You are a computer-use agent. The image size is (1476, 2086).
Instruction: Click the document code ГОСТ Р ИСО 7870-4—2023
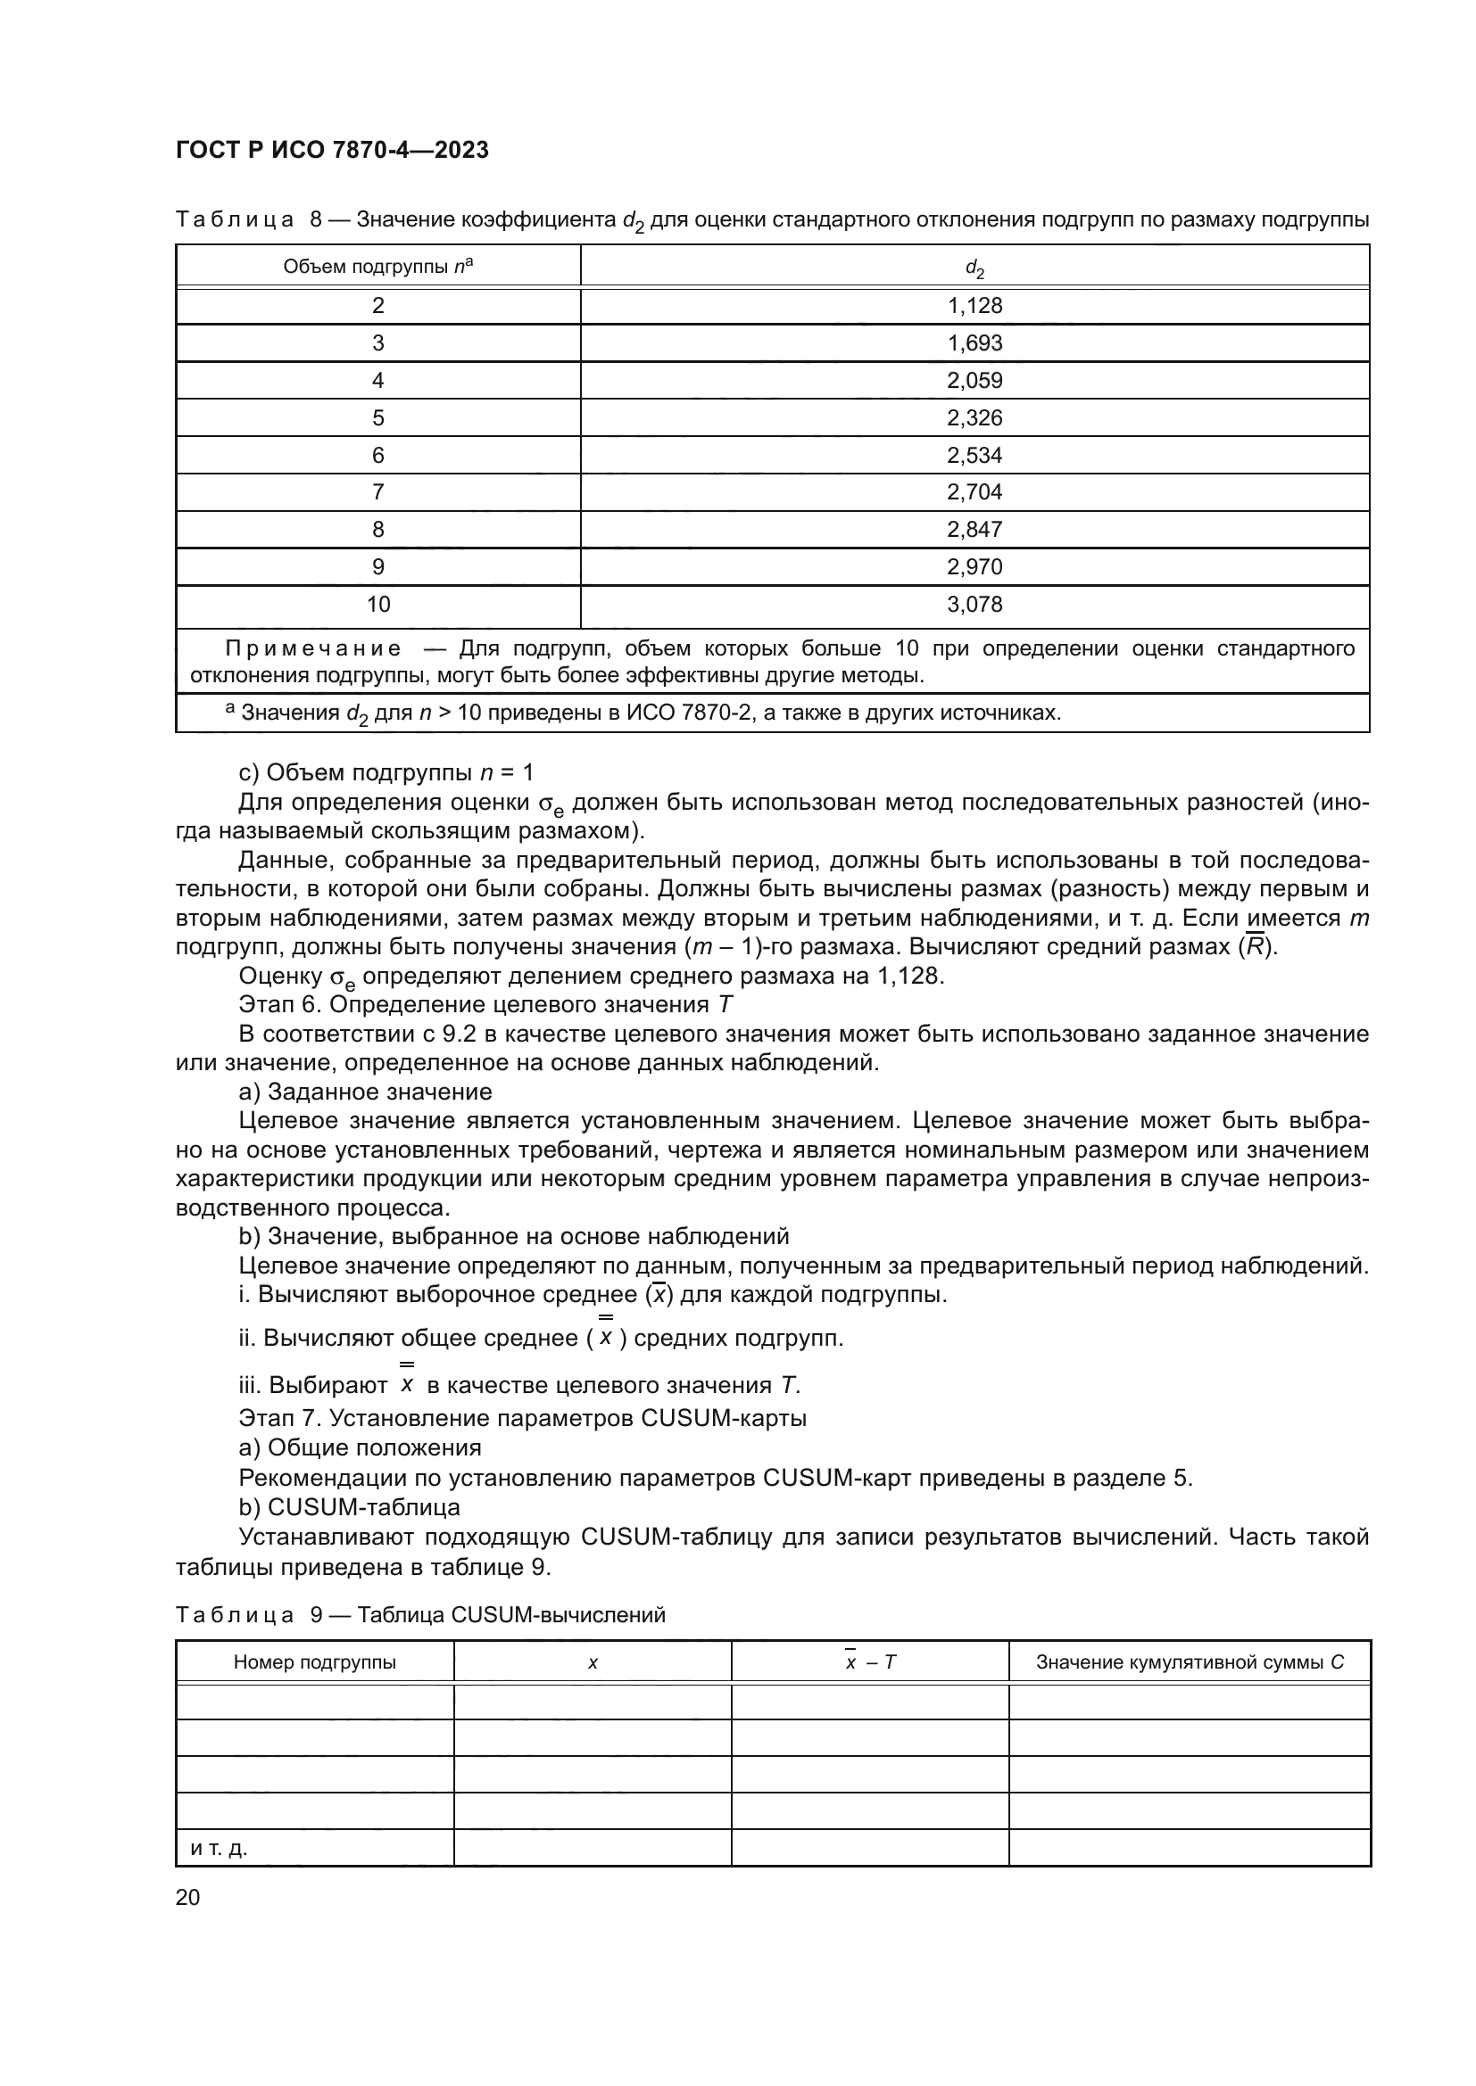[332, 150]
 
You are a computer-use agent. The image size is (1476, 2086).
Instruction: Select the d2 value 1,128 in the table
[974, 306]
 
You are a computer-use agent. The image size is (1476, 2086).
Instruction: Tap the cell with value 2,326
[974, 418]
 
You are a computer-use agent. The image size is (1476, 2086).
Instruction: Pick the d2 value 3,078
[974, 604]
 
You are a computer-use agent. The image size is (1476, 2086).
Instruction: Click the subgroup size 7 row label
[378, 492]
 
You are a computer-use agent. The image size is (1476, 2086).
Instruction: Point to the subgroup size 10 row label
[378, 604]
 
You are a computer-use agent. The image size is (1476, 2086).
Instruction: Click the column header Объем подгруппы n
[378, 266]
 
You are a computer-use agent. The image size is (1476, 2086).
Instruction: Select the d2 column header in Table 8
[974, 268]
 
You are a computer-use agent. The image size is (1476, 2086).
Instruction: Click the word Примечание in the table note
[313, 648]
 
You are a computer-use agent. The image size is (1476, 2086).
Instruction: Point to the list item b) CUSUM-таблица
[350, 1507]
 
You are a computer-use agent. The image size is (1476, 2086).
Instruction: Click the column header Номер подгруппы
[314, 1662]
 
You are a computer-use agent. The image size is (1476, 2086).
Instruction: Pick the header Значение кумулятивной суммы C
[1190, 1662]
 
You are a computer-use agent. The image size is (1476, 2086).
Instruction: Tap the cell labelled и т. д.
[219, 1848]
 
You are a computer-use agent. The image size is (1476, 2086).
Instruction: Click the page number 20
[187, 1898]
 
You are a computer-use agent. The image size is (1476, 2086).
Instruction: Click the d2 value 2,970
[974, 567]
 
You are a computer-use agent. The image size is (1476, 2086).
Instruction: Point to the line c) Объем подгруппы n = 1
[386, 773]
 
